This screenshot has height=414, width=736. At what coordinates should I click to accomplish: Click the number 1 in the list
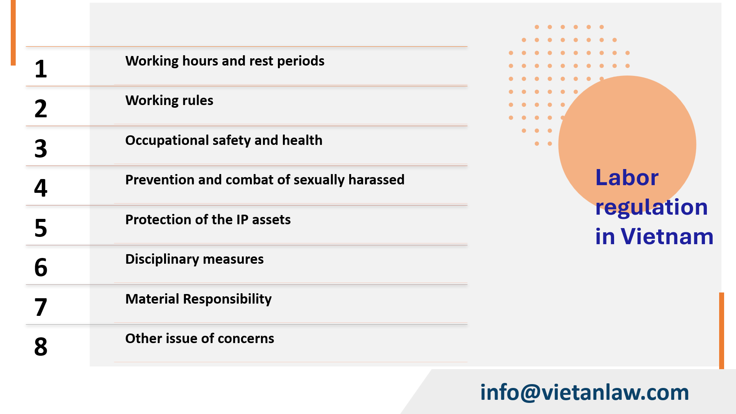click(41, 69)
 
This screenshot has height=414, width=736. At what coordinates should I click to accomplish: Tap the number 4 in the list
click(41, 188)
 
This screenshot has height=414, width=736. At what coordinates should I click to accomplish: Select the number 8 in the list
click(41, 347)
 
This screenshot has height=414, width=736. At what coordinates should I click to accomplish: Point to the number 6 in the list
click(41, 268)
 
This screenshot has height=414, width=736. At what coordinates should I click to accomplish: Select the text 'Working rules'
click(169, 100)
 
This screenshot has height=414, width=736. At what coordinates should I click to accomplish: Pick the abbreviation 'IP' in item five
click(242, 220)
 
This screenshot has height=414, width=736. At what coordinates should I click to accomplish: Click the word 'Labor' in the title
click(627, 177)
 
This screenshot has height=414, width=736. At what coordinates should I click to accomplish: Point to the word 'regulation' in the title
click(651, 207)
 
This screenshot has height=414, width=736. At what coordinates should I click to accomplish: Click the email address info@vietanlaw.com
click(585, 393)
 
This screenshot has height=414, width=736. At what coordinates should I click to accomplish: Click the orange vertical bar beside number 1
click(13, 33)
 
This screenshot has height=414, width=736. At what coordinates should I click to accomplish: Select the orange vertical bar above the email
click(721, 330)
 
